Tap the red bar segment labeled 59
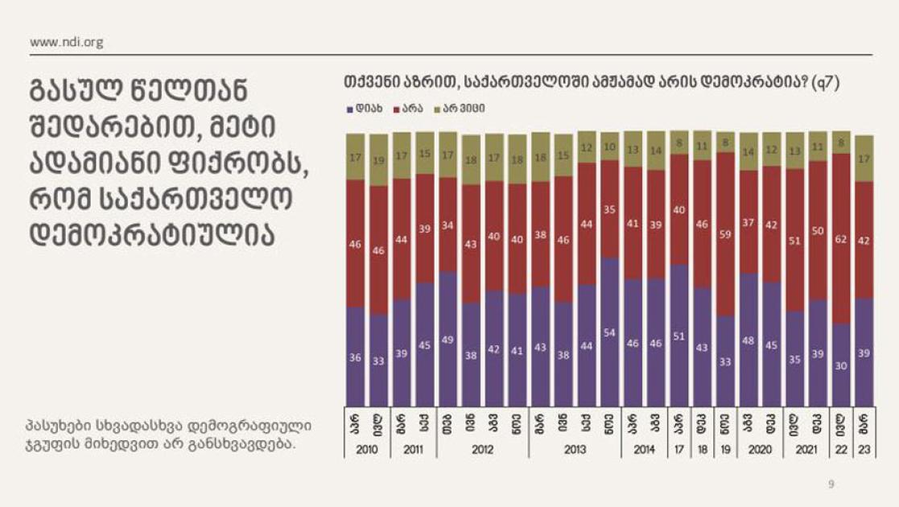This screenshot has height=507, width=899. click(x=725, y=234)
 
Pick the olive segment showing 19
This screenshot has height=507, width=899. click(x=378, y=160)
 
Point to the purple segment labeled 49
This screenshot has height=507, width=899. click(x=447, y=339)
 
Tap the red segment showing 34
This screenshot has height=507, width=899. click(x=447, y=225)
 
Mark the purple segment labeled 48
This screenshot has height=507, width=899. click(x=748, y=340)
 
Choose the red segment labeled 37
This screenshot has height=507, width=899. click(x=748, y=222)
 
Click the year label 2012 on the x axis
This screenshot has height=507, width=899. click(x=481, y=450)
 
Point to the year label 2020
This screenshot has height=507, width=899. click(x=760, y=450)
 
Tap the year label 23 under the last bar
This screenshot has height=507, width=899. click(x=864, y=450)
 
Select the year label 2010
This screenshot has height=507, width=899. click(x=366, y=450)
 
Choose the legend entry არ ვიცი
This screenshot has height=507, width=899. click(x=463, y=107)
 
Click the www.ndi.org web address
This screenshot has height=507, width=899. click(x=66, y=42)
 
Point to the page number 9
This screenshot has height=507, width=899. click(x=832, y=484)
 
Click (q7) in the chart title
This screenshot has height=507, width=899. click(x=826, y=83)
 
